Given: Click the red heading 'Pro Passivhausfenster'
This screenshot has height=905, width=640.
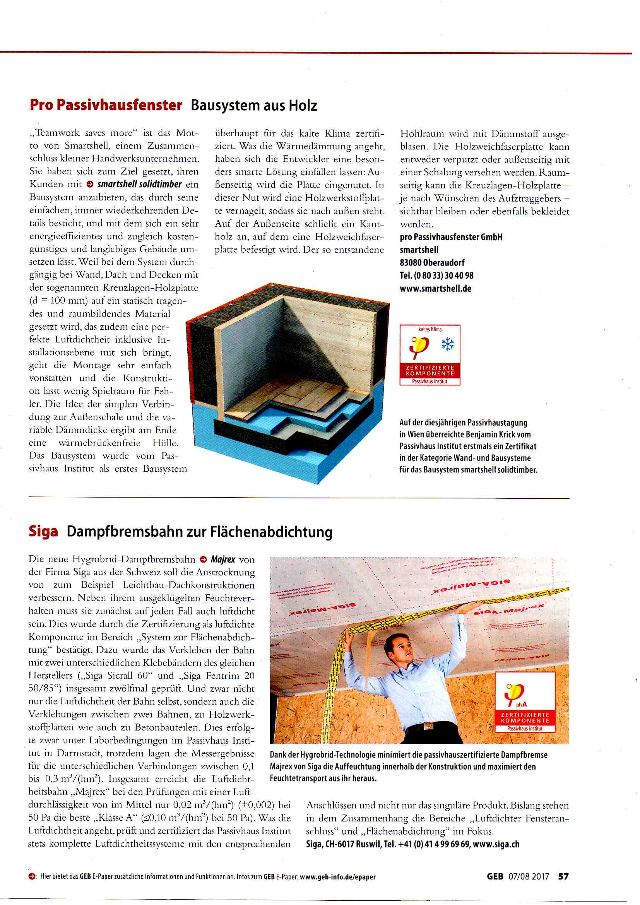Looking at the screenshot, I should pos(106,105).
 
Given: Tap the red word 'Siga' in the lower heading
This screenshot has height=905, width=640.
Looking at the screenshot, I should pos(43,531).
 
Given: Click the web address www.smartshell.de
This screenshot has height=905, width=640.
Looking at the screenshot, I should pos(435,289).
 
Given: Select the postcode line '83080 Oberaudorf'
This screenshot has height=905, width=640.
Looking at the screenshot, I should pos(432,262).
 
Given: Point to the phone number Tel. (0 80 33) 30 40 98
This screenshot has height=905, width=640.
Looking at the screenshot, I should pos(436,275).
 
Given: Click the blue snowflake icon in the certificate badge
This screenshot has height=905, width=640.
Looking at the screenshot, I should pos(447,344).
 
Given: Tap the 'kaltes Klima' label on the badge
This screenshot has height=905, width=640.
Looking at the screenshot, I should pos(430,329).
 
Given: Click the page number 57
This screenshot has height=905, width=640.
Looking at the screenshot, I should pos(563,876).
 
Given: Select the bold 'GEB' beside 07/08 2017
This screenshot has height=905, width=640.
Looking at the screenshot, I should pos(495,876).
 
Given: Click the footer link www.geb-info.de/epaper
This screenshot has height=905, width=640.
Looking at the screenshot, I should pos(337,877).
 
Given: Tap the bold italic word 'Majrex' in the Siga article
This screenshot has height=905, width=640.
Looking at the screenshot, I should pos(222,559).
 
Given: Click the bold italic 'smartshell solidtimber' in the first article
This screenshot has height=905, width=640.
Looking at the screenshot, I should pos(140,184).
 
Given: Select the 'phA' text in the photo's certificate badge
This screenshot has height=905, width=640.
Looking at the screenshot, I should pos(521,704).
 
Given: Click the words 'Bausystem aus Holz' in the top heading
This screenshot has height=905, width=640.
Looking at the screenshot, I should pos(254,106).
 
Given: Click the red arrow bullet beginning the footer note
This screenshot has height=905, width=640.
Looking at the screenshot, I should pos(31,877).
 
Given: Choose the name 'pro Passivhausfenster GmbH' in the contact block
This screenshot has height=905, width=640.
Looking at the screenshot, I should pos(451,237).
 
